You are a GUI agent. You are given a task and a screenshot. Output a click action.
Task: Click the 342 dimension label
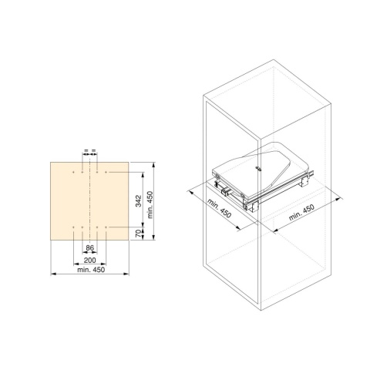pos(139,201)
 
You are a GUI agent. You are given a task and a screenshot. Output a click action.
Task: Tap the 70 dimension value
pos(139,234)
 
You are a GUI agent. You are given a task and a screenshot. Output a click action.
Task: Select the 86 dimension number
pos(89,248)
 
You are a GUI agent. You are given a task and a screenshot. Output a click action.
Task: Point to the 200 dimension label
pos(90,260)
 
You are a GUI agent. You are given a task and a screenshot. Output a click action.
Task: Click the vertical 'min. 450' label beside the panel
pos(150,204)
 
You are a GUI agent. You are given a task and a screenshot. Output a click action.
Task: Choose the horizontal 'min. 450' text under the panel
pos(91,270)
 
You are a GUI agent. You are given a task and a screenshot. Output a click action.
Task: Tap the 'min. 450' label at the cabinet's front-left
pos(219,208)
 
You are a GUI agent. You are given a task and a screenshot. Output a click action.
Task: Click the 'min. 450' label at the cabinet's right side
pos(301,212)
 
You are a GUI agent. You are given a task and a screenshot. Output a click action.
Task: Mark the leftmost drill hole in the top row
pos(74,172)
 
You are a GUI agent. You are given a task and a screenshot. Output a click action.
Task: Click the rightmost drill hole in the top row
pos(106,172)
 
